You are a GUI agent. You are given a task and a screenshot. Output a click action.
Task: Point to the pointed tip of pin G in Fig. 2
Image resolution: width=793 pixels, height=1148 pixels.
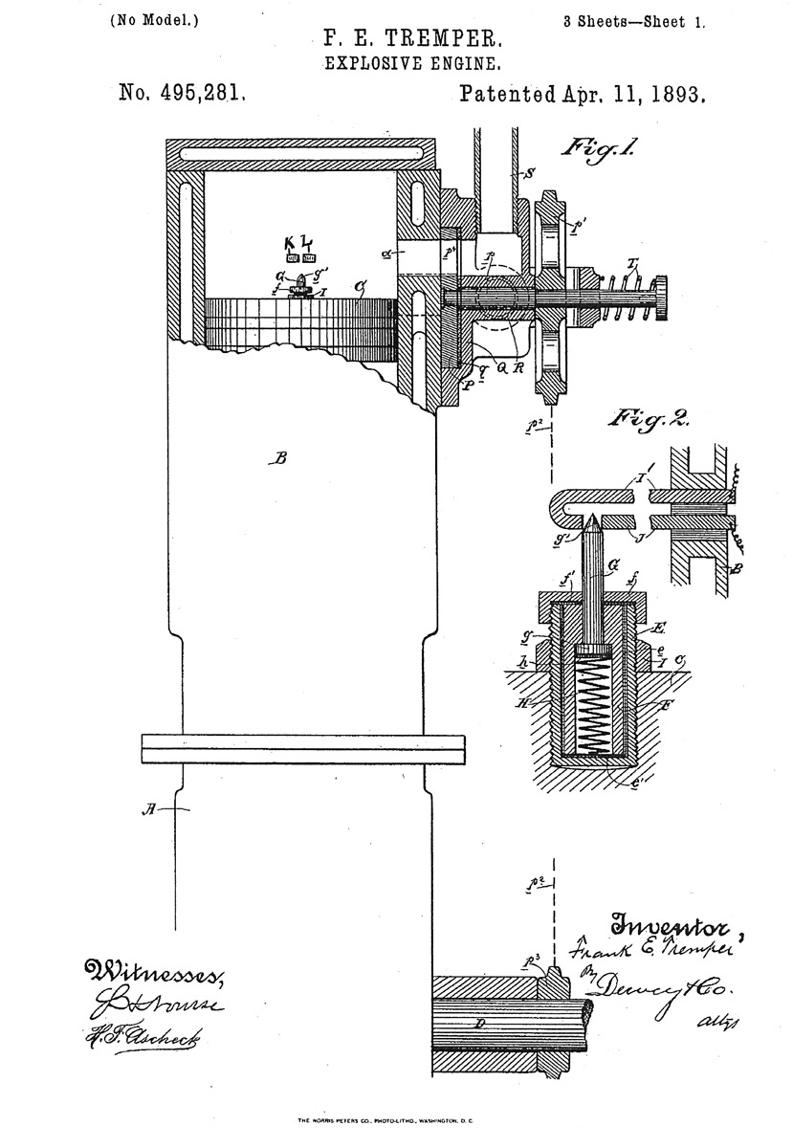tap(592, 517)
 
